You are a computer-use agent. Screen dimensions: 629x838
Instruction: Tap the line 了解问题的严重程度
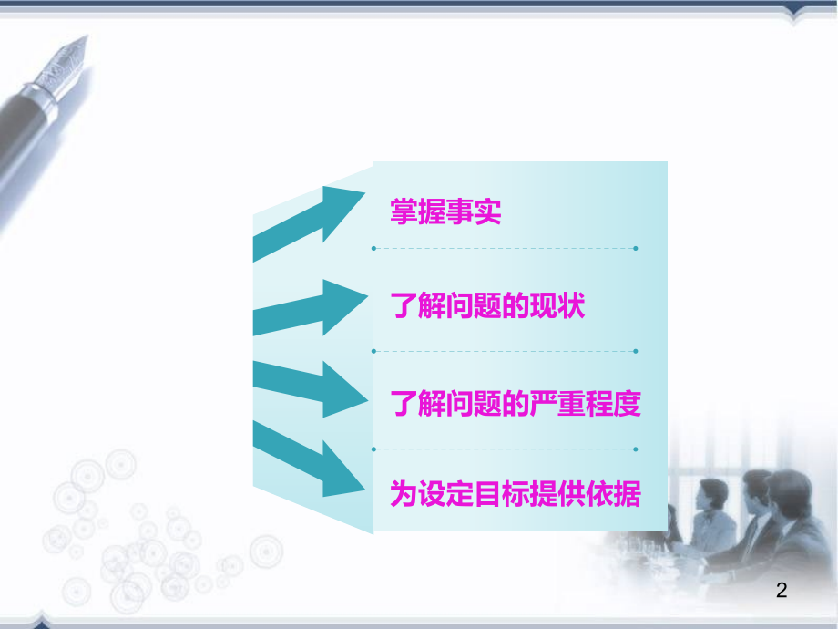tap(516, 403)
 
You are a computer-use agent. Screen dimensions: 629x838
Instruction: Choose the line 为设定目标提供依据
tap(516, 495)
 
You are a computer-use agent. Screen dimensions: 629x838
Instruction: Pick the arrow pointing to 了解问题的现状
tap(310, 306)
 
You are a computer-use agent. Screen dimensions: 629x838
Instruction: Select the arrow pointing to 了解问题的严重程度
tap(310, 387)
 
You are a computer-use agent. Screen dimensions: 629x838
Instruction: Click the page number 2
tap(781, 591)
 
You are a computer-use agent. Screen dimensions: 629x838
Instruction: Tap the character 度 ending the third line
tap(628, 403)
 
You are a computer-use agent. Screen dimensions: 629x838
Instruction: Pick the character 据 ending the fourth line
tap(628, 495)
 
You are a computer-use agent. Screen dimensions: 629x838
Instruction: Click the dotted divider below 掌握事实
tap(504, 248)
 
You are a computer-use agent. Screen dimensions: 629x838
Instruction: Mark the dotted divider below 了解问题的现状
tap(504, 351)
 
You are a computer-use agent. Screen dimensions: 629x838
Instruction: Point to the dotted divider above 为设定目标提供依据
tap(504, 449)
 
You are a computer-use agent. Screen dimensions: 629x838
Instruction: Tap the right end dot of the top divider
tap(635, 248)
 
